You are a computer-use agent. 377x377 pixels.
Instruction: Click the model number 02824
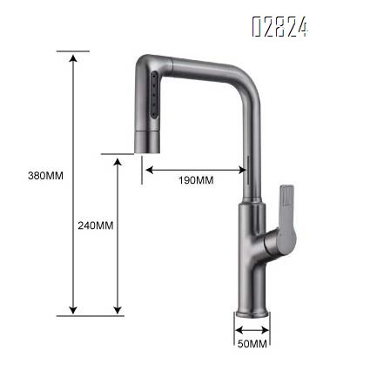click(x=279, y=28)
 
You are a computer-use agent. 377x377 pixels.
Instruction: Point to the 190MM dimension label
click(x=196, y=180)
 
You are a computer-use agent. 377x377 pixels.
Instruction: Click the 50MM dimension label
click(x=251, y=345)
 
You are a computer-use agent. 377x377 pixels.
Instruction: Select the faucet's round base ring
click(x=251, y=315)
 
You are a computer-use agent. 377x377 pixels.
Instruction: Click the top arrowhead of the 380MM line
click(x=73, y=55)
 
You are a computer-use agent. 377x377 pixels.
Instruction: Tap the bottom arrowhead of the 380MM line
click(x=73, y=310)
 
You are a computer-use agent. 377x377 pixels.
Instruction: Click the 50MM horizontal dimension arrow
click(x=251, y=331)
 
